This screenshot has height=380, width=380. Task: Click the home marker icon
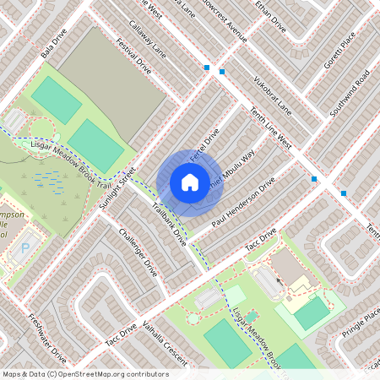coord(190,182)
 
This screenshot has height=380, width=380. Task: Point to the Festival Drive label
coord(133,57)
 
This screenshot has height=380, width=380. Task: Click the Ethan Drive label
coord(270,18)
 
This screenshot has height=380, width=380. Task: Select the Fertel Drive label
coord(204,145)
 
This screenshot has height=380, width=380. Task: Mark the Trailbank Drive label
coord(169,223)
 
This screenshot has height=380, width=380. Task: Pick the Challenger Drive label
coord(138,252)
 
